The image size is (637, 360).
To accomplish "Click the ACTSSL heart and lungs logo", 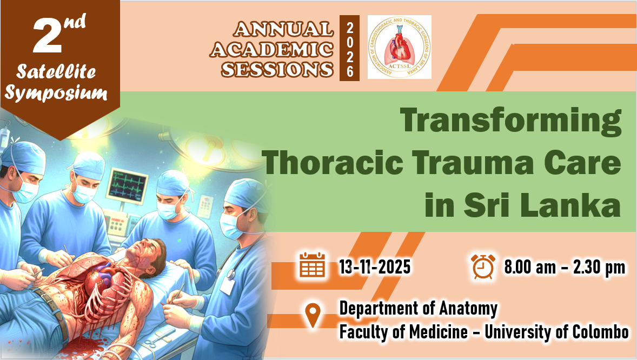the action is coord(400,47).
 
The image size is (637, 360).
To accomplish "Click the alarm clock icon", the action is coord(483,266).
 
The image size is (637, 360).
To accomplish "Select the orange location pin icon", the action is coord(313,315).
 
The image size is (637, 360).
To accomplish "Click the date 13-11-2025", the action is coord(375,267).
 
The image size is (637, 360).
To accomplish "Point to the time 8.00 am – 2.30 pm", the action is coord(565,267).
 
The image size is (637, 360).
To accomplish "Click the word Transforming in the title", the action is coord(510,121).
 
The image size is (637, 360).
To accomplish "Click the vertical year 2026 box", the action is coord(349,48).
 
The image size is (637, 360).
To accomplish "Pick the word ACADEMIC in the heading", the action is coord(271,50).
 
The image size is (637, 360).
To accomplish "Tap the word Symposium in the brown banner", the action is coord(56,93).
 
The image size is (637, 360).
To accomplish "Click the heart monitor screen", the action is coord(127,186).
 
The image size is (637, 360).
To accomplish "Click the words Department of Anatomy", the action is coord(419,309).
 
